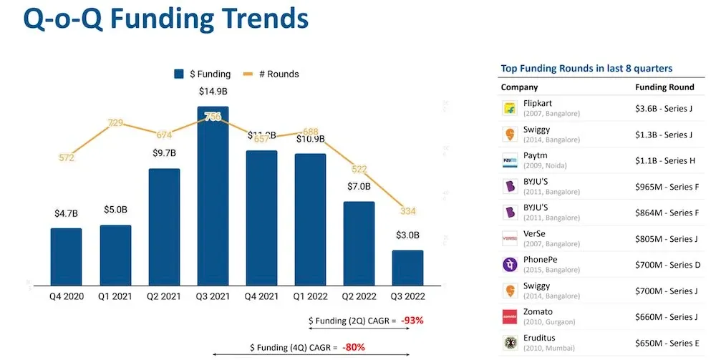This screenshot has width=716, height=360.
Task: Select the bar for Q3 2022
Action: (x=407, y=268)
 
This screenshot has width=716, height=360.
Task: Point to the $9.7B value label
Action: (x=164, y=152)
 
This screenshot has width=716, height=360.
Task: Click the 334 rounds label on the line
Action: (x=407, y=211)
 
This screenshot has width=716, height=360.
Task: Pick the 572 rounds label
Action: (x=67, y=157)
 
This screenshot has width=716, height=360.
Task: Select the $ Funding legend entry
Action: (x=202, y=74)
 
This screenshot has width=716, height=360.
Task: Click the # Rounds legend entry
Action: (x=271, y=74)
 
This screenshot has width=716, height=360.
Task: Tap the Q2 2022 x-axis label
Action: (x=359, y=296)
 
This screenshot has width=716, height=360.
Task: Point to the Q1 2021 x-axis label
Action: (x=115, y=296)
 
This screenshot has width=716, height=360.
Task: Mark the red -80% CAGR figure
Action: (x=353, y=347)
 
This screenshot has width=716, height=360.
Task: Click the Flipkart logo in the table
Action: (x=510, y=109)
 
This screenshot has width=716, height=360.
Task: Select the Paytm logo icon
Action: (x=510, y=160)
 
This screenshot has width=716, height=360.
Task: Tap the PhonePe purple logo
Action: (x=510, y=265)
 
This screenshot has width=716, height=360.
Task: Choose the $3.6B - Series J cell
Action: (x=664, y=109)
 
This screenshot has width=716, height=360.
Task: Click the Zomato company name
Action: (x=538, y=312)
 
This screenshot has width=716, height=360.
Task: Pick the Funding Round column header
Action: (x=664, y=87)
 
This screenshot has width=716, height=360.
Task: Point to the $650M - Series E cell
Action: (x=664, y=343)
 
